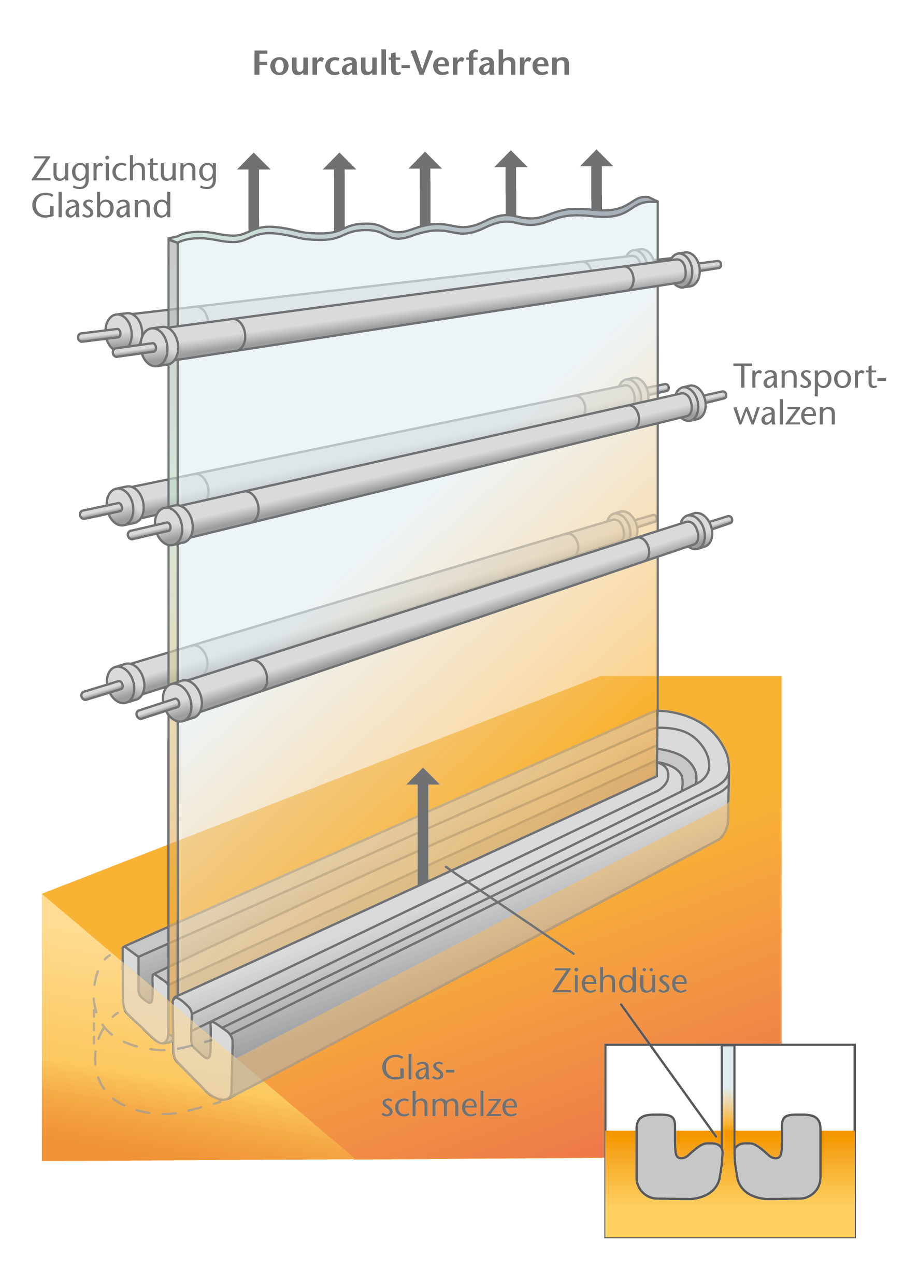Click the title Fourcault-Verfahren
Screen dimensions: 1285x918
(x=411, y=63)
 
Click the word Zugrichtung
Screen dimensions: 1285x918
(x=124, y=170)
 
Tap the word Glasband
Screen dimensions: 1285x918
(x=101, y=206)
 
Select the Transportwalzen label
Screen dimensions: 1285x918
(x=808, y=395)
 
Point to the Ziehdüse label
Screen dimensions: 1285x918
(x=620, y=981)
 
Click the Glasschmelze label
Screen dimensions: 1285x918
(x=449, y=1087)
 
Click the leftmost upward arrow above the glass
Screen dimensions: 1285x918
(x=254, y=190)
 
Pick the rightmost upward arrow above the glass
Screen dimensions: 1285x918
(x=596, y=178)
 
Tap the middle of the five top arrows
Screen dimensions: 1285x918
(x=425, y=187)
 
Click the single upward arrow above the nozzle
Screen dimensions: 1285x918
(x=423, y=825)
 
